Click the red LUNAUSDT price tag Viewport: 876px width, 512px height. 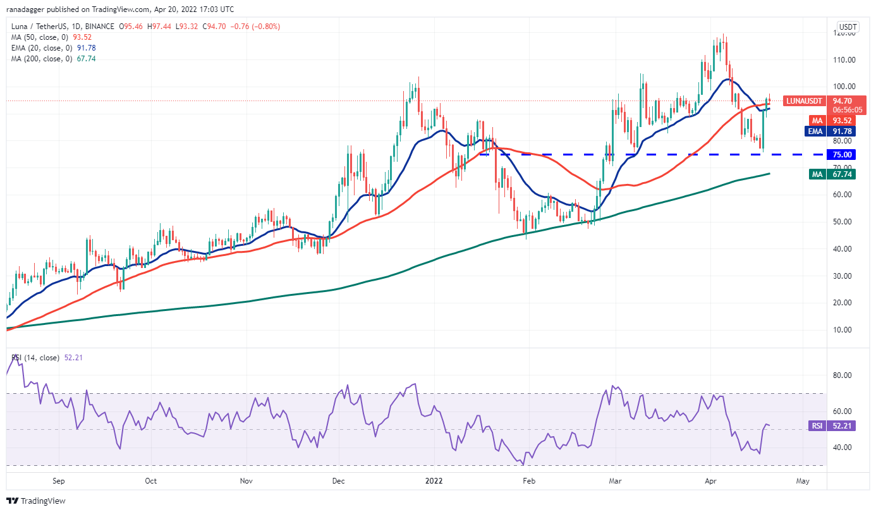tap(804, 101)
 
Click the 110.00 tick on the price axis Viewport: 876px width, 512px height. tap(846, 60)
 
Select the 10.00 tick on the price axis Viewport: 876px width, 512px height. tap(846, 330)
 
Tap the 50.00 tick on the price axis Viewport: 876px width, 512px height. tap(846, 222)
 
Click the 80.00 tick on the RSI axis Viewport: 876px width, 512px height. tap(846, 375)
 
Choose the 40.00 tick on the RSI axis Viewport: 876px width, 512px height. tap(846, 448)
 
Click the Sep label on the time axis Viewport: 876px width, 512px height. tap(58, 480)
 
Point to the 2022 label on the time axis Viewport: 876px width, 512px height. tap(434, 480)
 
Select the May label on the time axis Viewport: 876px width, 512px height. tap(803, 480)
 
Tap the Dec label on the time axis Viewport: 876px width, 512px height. tap(339, 480)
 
